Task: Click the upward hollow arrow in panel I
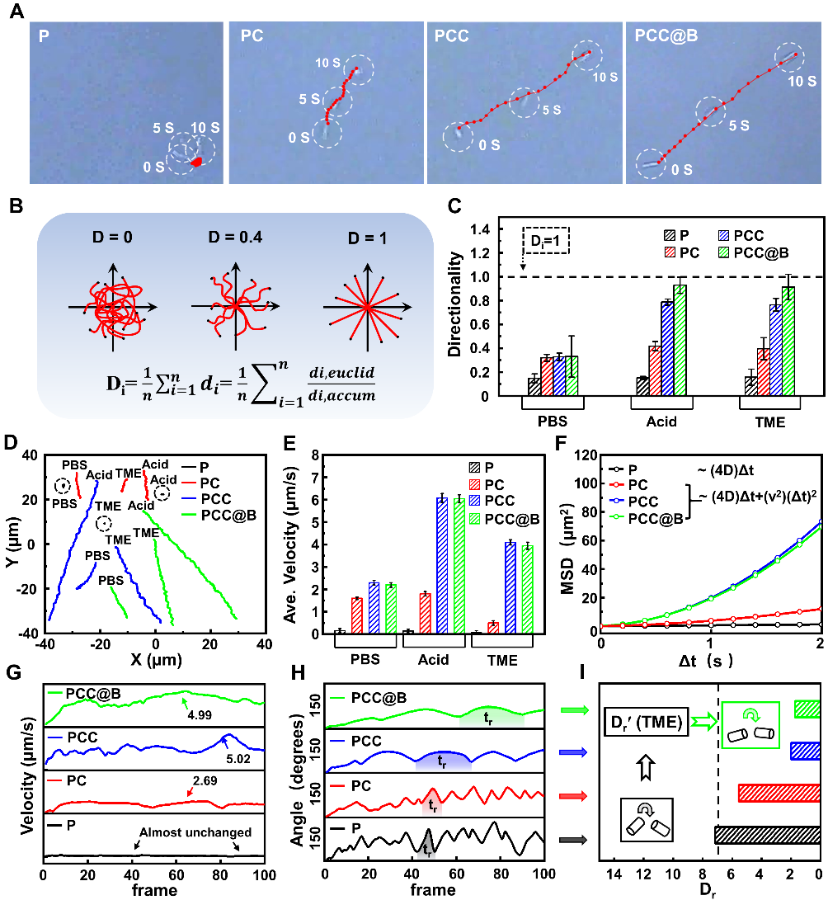pos(646,769)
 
